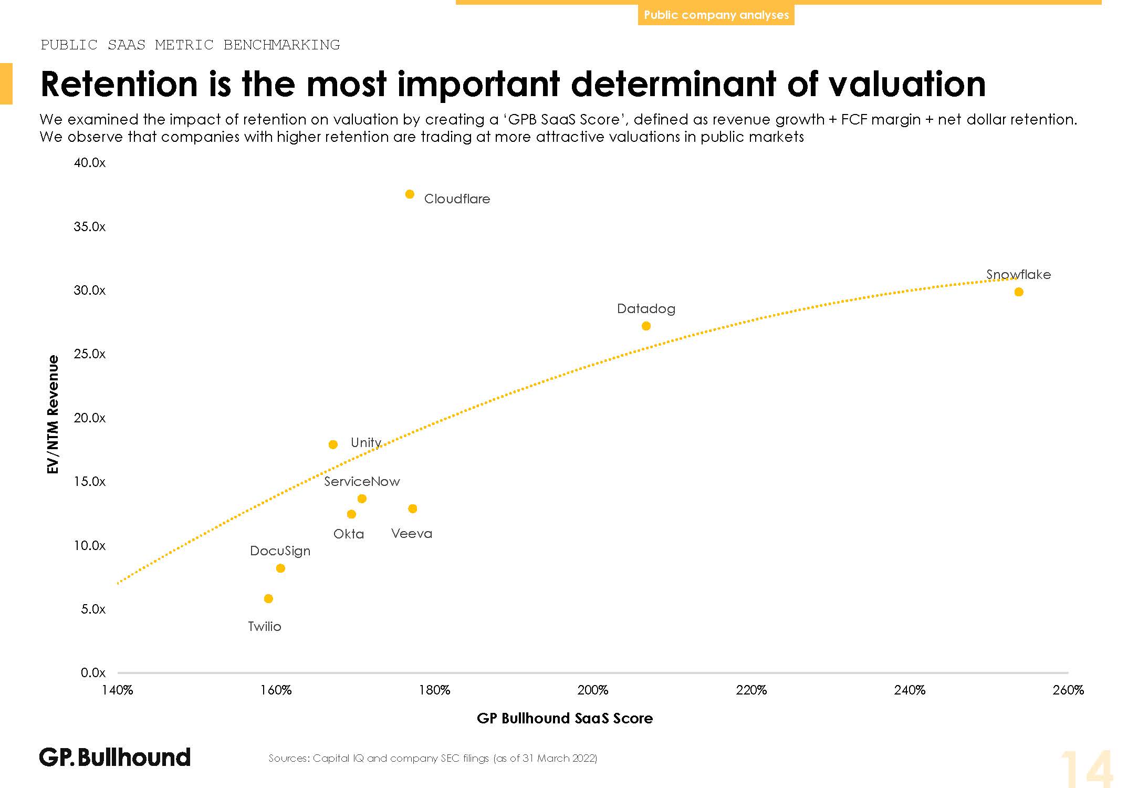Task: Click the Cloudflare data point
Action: pos(410,194)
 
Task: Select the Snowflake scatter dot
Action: pos(1019,292)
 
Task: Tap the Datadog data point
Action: pos(646,326)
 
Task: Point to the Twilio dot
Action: pos(268,599)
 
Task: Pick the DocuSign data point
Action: pos(280,568)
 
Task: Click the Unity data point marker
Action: pos(333,445)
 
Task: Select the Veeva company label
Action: pos(412,534)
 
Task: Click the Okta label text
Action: pos(349,534)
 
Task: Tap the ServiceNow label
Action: pos(362,482)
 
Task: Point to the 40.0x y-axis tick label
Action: pos(90,163)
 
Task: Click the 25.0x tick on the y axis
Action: pos(90,354)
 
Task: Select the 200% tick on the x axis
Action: pos(592,690)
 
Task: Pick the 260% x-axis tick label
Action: pos(1068,690)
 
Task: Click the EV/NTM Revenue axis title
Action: pos(53,414)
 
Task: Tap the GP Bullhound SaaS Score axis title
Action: pos(565,719)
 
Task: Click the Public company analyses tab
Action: pos(716,15)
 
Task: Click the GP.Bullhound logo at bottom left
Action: pos(115,758)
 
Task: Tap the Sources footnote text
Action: pos(433,759)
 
